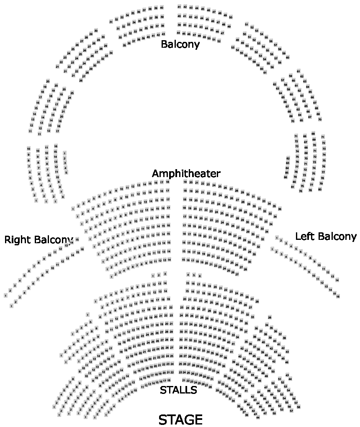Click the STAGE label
coord(180,419)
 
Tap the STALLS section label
coord(178,390)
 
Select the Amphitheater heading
coord(186,173)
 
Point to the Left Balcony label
coord(326,237)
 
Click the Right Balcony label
coord(39,240)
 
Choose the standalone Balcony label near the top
coord(180,44)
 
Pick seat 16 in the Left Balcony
coord(338,296)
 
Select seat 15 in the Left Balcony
coord(334,293)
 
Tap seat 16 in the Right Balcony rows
coord(82,250)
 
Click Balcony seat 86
coord(285,177)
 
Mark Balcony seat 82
coord(288,158)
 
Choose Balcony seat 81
coord(293,187)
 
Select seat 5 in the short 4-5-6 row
coord(194,275)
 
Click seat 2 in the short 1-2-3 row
coord(159,275)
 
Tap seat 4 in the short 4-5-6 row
coord(188,275)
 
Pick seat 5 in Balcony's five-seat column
coord(66,172)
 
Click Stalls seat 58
coord(298,407)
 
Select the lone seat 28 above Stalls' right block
coord(270,317)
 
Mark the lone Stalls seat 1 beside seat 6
coord(87,314)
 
